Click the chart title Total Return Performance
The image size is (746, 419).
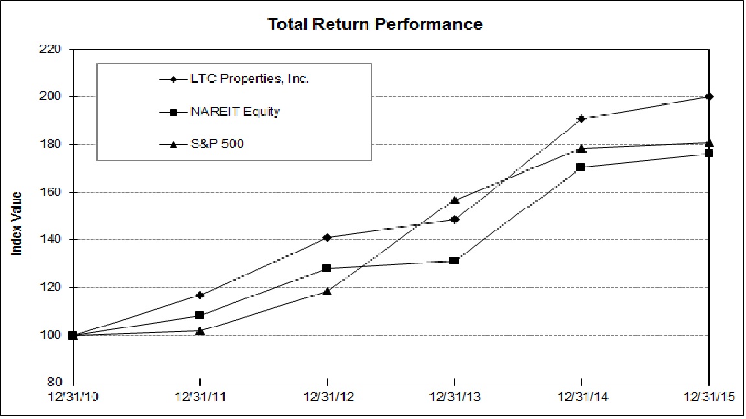[x=376, y=25]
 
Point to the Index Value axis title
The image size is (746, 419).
[x=17, y=223]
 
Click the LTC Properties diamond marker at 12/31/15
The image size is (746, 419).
[x=710, y=96]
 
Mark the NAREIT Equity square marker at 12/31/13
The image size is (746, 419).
[x=455, y=261]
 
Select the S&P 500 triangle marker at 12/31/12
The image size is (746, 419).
[x=327, y=292]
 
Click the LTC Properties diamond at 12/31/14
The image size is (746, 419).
[x=582, y=119]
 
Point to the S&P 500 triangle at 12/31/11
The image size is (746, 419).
[x=200, y=330]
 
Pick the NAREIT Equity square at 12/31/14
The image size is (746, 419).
[x=582, y=167]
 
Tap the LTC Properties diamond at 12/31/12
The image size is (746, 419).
[x=327, y=237]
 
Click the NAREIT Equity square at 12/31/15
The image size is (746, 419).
[x=710, y=153]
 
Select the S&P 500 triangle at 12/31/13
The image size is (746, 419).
[x=455, y=200]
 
